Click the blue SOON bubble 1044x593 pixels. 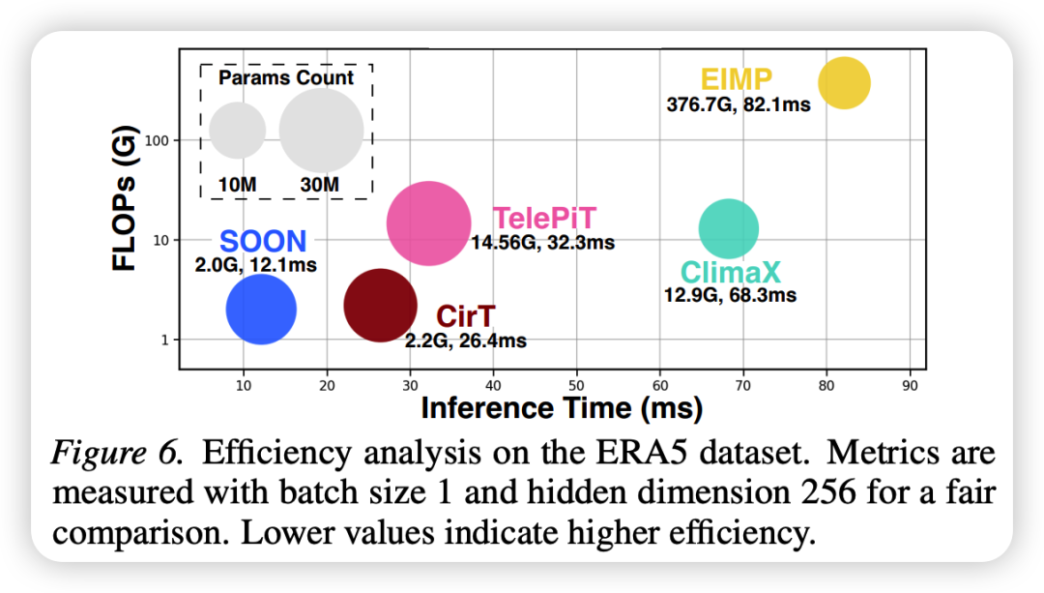pyautogui.click(x=261, y=310)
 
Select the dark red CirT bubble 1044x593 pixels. pyautogui.click(x=380, y=306)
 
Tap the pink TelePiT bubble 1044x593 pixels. pyautogui.click(x=428, y=222)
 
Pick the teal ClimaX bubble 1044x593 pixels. pyautogui.click(x=728, y=228)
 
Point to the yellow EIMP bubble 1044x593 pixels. pyautogui.click(x=844, y=83)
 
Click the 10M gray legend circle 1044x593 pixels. pyautogui.click(x=238, y=132)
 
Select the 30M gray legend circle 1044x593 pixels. pyautogui.click(x=321, y=132)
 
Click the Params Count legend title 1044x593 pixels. pyautogui.click(x=286, y=78)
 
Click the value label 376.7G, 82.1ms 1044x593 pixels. pyautogui.click(x=739, y=104)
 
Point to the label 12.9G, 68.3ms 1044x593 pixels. pyautogui.click(x=730, y=294)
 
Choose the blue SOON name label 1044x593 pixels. pyautogui.click(x=263, y=242)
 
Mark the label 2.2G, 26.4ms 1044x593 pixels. pyautogui.click(x=466, y=341)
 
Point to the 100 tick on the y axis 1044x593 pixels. pyautogui.click(x=158, y=140)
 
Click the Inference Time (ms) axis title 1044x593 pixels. pyautogui.click(x=562, y=408)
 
